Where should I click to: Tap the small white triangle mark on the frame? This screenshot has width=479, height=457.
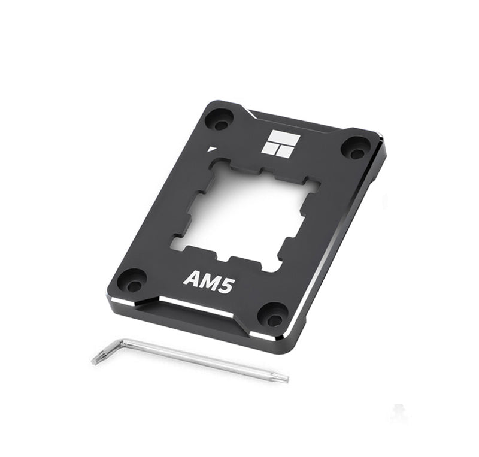[x=211, y=148]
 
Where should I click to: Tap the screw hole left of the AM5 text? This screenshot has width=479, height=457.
[x=131, y=279]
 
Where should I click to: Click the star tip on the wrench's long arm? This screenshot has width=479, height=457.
[x=285, y=379]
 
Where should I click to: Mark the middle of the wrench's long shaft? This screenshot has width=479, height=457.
[x=204, y=360]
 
